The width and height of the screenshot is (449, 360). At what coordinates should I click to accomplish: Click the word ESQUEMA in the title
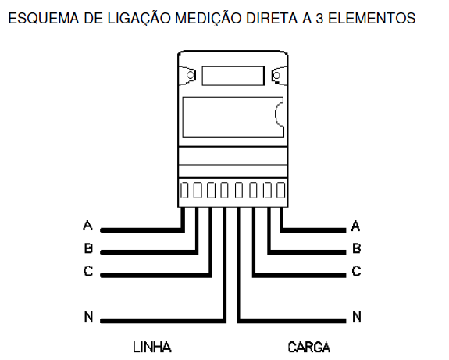(44, 19)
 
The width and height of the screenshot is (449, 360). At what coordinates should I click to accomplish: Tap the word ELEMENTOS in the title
(372, 19)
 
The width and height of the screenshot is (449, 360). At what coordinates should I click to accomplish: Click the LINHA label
(152, 347)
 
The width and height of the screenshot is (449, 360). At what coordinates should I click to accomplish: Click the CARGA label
(309, 347)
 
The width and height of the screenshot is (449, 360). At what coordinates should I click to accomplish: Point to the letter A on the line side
(88, 226)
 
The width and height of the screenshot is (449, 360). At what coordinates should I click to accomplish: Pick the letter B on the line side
(88, 248)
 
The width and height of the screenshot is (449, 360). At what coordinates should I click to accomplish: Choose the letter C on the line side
(88, 271)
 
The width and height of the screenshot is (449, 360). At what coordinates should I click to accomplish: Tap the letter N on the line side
(88, 316)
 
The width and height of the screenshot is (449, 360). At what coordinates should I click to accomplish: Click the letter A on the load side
(355, 226)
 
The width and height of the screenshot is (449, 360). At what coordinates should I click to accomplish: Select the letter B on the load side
(357, 248)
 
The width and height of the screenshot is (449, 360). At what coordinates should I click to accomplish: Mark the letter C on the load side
(356, 271)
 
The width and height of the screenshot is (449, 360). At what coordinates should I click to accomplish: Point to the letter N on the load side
(357, 316)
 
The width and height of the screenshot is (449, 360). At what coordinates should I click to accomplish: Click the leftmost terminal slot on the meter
(184, 191)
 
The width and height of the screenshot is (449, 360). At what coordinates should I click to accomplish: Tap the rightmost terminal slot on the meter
(280, 191)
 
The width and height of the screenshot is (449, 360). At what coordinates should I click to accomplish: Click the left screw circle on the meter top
(191, 75)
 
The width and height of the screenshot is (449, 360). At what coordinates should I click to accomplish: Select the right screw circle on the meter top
(276, 76)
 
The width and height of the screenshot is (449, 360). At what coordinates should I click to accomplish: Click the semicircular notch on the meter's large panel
(276, 115)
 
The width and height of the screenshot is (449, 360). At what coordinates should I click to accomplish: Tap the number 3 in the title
(319, 19)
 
